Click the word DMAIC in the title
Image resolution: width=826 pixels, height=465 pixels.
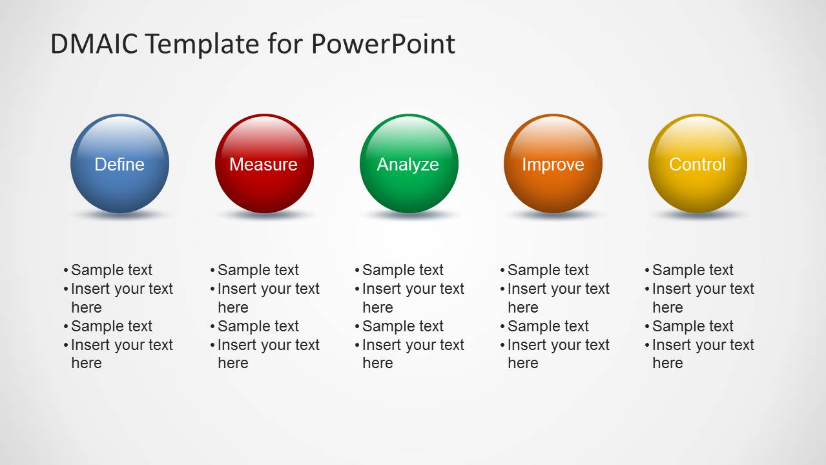94,44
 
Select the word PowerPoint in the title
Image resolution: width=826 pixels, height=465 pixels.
383,44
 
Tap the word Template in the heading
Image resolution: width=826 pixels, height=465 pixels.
202,45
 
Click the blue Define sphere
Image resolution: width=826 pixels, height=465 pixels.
120,164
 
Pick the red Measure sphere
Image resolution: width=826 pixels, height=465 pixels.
264,164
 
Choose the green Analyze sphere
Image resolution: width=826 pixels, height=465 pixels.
409,164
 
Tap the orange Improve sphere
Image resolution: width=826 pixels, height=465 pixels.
553,164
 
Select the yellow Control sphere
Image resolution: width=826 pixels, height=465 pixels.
697,164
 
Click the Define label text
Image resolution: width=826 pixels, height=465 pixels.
119,165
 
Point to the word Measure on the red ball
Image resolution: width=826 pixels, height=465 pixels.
263,165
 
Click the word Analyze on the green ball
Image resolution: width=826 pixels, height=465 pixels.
408,165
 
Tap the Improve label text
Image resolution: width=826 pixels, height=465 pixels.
553,165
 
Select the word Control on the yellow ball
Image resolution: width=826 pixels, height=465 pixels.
697,165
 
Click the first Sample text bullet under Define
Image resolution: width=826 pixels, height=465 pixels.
111,270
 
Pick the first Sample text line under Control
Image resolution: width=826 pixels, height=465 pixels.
692,270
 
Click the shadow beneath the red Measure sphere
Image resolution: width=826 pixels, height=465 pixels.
264,214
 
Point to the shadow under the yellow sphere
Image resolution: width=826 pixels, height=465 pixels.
697,214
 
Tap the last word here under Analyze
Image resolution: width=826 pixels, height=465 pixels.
378,363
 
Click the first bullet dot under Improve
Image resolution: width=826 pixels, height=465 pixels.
502,271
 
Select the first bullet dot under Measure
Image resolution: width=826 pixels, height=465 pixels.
212,271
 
